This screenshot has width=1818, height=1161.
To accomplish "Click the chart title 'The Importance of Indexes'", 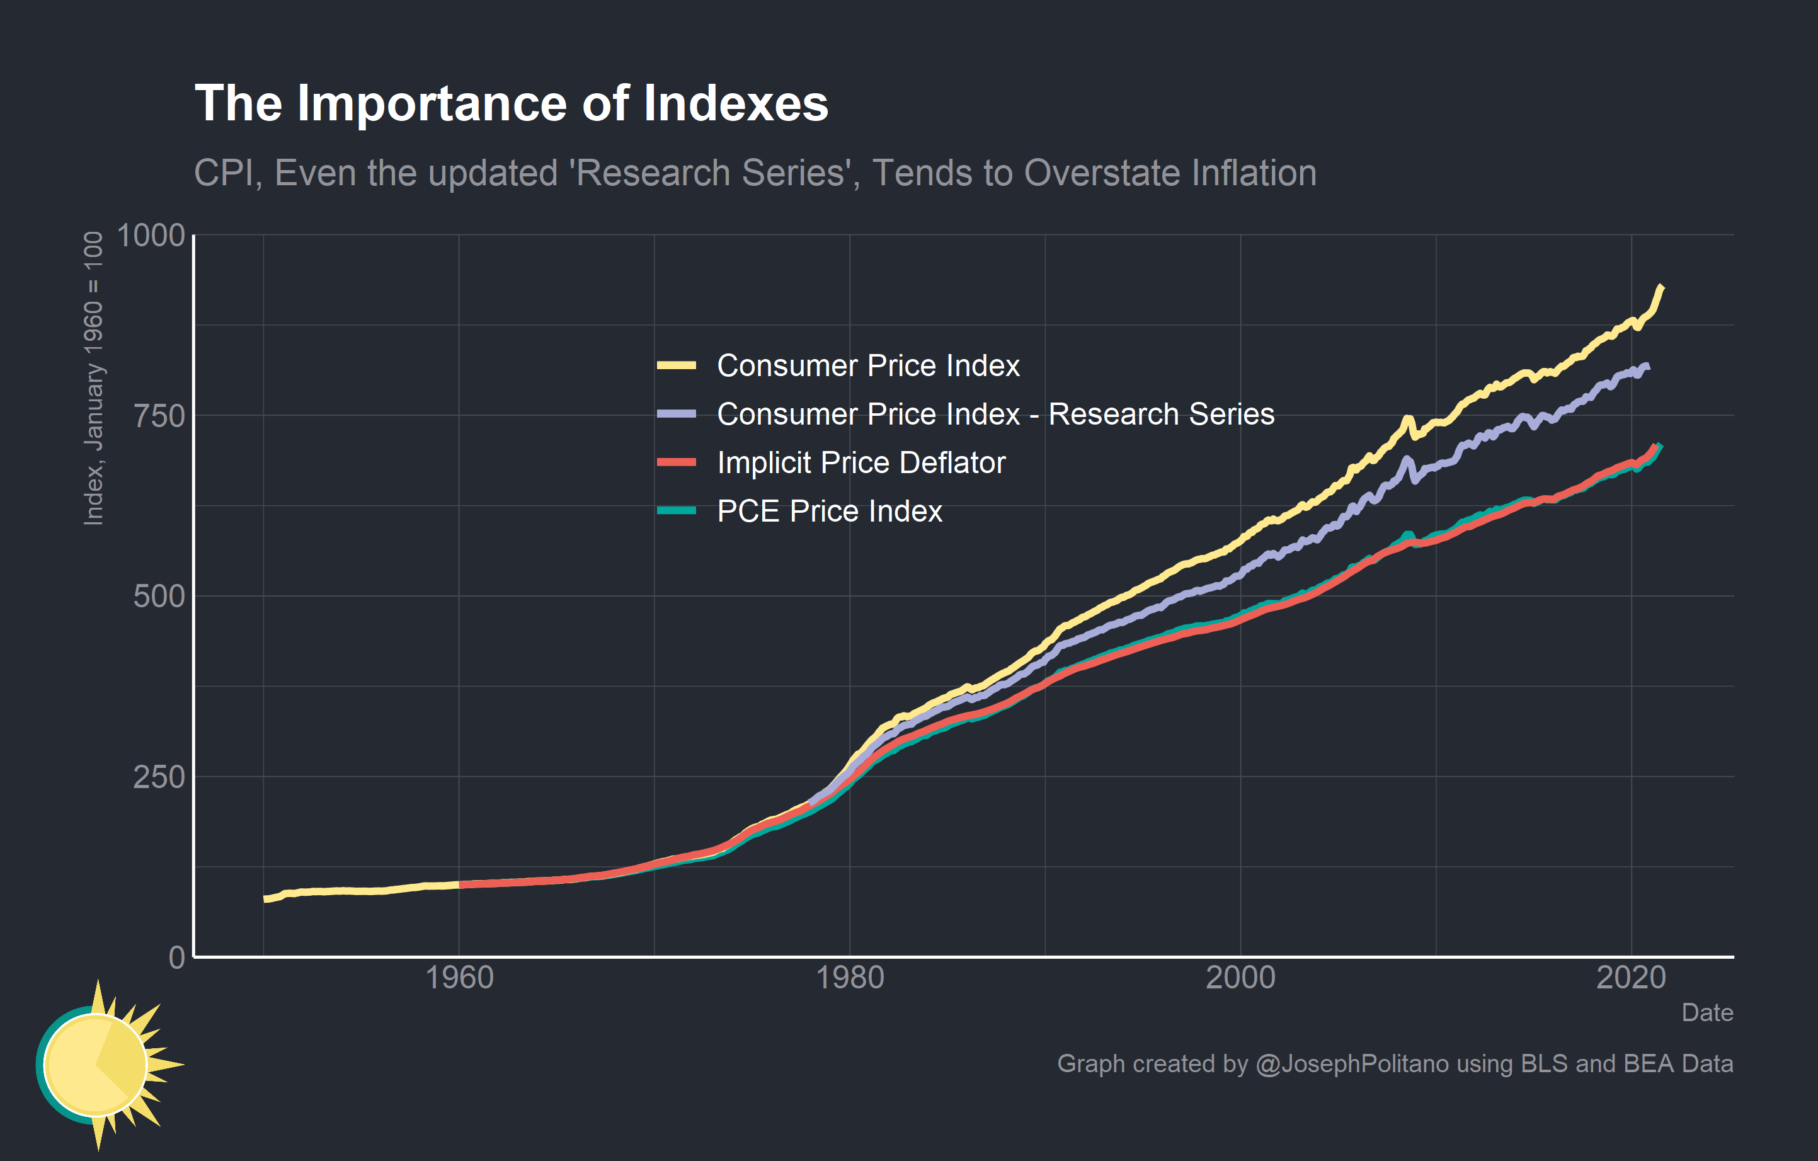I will (x=511, y=103).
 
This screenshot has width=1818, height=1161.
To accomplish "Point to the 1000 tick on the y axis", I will (x=151, y=236).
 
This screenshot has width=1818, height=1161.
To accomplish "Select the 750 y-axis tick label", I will (x=159, y=416).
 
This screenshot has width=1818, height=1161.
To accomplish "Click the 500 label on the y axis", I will (x=159, y=597).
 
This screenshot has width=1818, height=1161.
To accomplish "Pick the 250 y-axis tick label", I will (x=159, y=777).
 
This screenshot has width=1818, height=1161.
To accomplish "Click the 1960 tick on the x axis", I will (x=459, y=978).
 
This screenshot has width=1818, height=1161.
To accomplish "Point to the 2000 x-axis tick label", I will (x=1240, y=978).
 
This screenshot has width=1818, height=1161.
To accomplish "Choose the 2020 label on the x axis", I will (x=1631, y=978).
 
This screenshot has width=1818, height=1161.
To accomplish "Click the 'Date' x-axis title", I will (x=1707, y=1012).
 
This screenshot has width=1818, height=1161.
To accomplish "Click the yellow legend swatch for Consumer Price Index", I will (x=676, y=366).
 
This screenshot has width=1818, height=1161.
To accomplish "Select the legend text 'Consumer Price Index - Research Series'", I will (x=995, y=415).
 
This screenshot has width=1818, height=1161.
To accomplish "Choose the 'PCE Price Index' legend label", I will (x=829, y=511).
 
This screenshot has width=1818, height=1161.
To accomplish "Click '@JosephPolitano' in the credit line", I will (x=1351, y=1063).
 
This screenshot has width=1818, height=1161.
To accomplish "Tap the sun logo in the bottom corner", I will (x=102, y=1065).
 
